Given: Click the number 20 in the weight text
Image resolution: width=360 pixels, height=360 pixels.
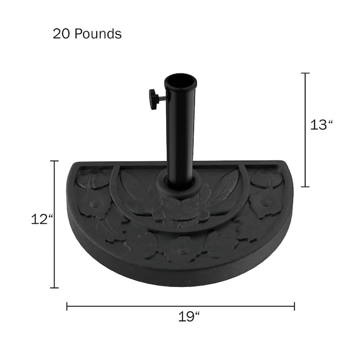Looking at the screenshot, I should click(61, 34).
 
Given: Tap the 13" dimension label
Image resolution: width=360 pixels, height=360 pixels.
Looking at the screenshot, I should click(321, 125).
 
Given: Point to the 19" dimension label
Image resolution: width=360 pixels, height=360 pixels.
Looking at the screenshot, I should click(189, 316).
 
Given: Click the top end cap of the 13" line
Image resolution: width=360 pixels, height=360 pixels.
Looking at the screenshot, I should click(306, 73).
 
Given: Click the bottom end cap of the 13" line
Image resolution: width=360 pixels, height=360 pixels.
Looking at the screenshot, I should click(306, 186).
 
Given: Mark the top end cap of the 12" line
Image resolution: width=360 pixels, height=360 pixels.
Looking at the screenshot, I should click(55, 161).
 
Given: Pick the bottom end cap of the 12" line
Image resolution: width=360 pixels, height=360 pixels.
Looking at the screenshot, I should click(55, 288).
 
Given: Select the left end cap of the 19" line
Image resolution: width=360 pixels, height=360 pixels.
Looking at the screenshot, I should click(67, 306).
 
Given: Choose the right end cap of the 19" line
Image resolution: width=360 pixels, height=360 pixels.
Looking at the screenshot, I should click(294, 306).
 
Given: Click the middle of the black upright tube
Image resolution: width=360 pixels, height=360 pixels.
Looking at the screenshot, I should click(180, 130).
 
